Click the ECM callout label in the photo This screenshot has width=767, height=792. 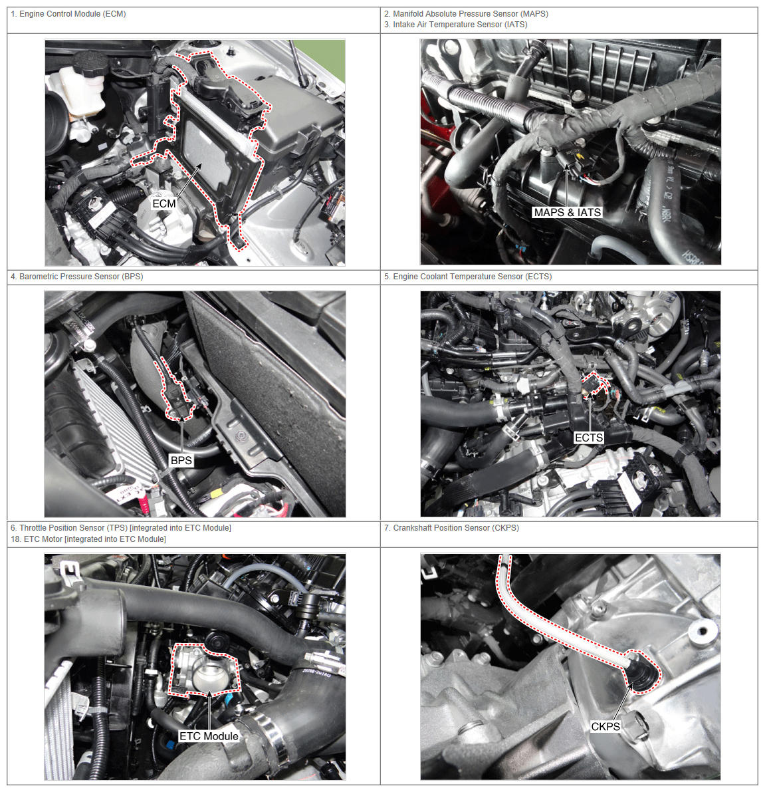(164, 203)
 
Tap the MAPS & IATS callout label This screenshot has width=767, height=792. (568, 213)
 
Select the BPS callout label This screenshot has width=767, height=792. (181, 461)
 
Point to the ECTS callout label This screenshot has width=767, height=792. (589, 438)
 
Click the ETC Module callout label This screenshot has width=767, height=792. (209, 736)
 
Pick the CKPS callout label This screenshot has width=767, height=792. (605, 727)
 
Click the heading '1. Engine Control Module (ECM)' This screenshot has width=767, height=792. (68, 14)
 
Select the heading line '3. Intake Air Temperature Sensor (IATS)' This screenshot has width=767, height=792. (455, 25)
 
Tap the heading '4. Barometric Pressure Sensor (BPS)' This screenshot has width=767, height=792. (76, 277)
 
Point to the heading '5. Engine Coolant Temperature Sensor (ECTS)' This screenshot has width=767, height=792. (467, 277)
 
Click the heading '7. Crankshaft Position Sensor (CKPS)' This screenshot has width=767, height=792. (451, 528)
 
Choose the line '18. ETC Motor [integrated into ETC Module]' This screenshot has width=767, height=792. (88, 539)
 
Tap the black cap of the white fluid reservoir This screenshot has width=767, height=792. (90, 64)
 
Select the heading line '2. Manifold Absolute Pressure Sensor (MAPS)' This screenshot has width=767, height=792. (466, 14)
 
